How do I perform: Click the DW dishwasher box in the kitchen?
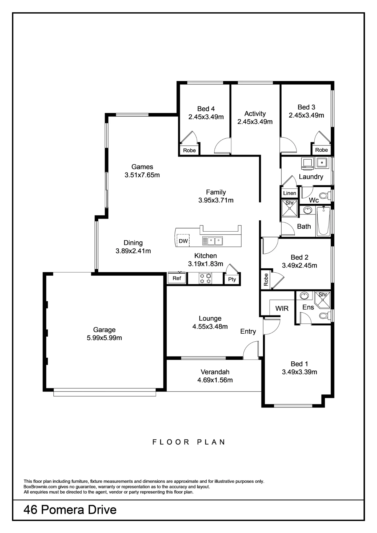point(183,241)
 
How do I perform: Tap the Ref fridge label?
point(177,278)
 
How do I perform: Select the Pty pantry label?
point(232,279)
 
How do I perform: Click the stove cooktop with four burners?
point(205,278)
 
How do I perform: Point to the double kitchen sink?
point(212,241)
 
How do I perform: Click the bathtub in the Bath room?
point(323,221)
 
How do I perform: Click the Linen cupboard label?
point(290,193)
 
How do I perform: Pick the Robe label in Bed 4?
point(189,150)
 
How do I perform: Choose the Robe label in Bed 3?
point(321,150)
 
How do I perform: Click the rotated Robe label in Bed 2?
point(266,280)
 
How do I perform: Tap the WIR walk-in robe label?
point(282,308)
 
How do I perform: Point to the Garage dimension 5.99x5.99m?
point(104,338)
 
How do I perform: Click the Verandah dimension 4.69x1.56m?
point(215,380)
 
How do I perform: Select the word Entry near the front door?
point(248,332)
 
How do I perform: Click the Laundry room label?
point(311,177)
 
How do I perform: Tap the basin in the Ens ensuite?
point(304,296)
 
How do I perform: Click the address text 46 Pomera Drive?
point(70,510)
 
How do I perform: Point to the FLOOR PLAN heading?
point(189,442)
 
